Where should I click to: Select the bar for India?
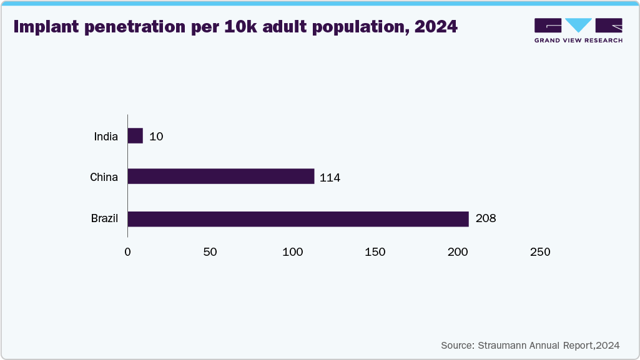(135, 136)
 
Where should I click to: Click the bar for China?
(221, 177)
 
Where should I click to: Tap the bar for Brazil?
(298, 219)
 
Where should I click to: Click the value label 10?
(156, 136)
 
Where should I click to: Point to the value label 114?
(330, 177)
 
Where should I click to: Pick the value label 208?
(485, 219)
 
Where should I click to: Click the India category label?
(106, 136)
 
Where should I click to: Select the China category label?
(104, 177)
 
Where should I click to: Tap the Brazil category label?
(104, 219)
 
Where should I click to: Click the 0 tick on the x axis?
(128, 252)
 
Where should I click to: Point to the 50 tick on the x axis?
(210, 252)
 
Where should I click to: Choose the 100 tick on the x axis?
(293, 252)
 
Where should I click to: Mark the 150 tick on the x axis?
(375, 252)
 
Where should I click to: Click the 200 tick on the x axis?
(458, 252)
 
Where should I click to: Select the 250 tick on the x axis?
(540, 252)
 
